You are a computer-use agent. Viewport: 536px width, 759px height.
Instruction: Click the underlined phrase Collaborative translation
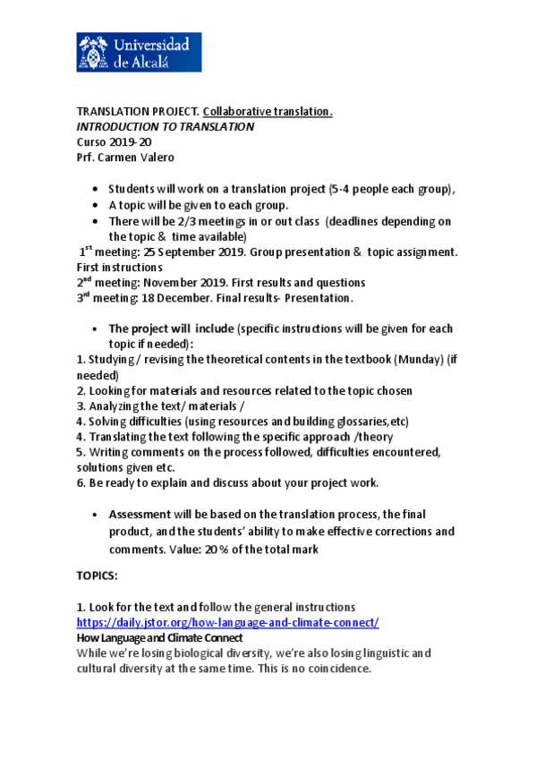268,112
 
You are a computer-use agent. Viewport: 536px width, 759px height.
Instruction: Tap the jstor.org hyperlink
227,622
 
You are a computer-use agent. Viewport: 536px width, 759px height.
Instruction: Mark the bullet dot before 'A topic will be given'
96,205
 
